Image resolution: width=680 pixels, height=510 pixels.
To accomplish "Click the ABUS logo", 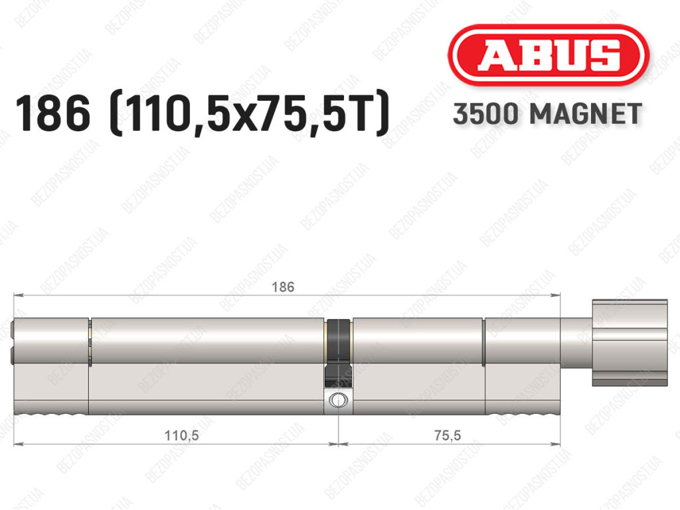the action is point(548,55).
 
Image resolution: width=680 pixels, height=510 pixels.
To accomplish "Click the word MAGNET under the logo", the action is point(586,114).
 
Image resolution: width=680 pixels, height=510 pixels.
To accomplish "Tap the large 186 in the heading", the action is point(52,114).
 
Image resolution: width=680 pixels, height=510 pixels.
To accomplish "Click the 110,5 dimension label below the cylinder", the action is point(182,435).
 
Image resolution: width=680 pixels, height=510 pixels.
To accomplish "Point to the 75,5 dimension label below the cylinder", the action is point(448,435).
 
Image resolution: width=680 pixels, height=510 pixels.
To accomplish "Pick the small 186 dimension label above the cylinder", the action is point(283,287).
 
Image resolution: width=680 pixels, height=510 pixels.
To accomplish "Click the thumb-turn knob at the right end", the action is point(630,342).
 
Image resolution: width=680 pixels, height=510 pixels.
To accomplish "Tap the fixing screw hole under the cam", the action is point(337,400).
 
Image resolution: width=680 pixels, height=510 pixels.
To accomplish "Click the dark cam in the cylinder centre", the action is point(338,353).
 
